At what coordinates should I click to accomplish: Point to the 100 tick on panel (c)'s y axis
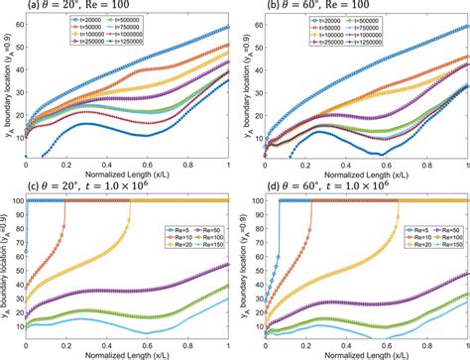12,199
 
